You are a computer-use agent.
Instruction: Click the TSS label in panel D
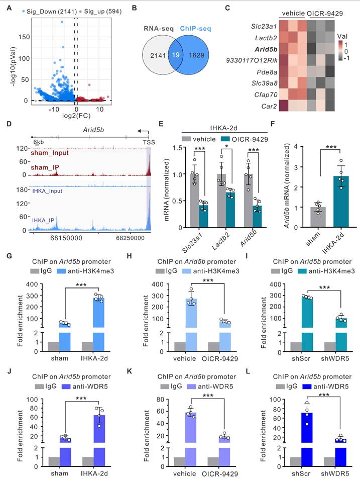150,143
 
